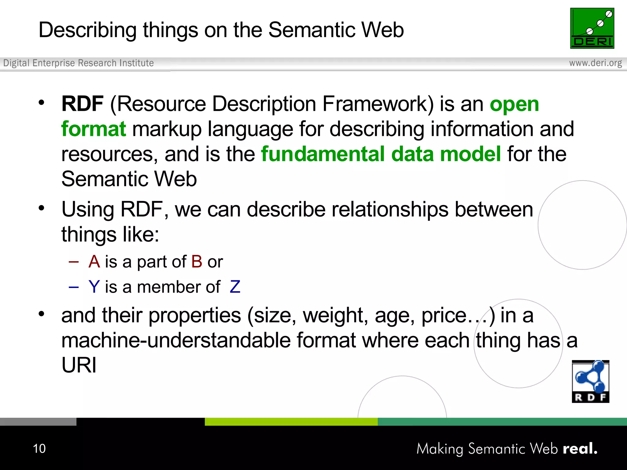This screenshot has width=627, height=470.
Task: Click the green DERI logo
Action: (x=592, y=28)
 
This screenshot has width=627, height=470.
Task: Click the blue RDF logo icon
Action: (x=590, y=381)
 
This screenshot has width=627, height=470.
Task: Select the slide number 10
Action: (x=39, y=449)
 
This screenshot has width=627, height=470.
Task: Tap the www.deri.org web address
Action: (x=595, y=63)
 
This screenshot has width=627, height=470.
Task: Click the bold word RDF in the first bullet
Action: (x=82, y=104)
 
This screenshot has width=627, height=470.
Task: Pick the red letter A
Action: (x=94, y=262)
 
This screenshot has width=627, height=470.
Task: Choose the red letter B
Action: (x=197, y=262)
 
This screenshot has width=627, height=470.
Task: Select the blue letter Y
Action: (x=94, y=287)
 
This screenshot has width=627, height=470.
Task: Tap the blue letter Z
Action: (x=235, y=287)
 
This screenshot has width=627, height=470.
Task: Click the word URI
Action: (x=79, y=365)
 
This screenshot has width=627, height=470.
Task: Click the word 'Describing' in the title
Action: (x=88, y=30)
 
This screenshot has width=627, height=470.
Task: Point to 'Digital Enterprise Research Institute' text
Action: (x=78, y=63)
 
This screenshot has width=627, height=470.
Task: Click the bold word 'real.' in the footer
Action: (x=580, y=449)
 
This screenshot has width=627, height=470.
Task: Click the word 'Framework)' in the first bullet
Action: (x=378, y=104)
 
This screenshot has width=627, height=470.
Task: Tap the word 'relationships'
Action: (x=390, y=210)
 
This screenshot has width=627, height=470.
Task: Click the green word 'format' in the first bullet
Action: (x=93, y=129)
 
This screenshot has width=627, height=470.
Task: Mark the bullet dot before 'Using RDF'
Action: (x=42, y=208)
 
